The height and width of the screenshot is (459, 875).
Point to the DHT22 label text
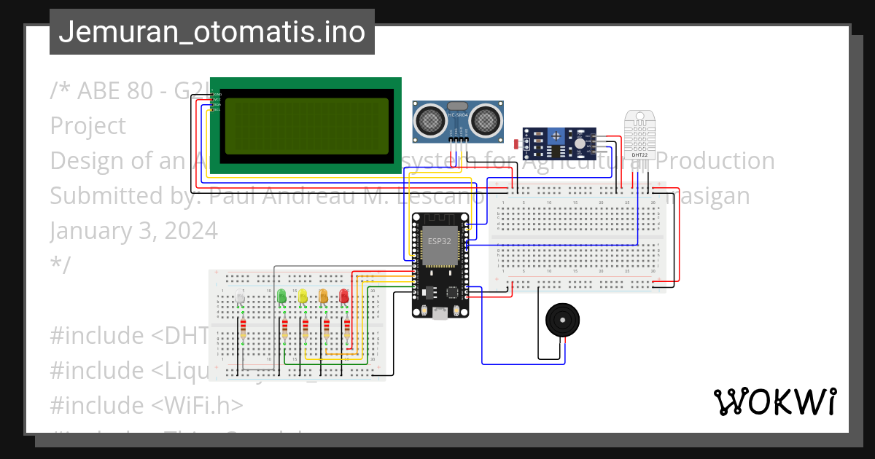pos(639,154)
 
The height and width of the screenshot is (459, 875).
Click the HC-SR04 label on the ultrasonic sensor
pos(457,115)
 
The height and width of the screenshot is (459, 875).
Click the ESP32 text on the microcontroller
pos(439,241)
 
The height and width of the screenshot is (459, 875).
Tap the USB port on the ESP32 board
pos(440,313)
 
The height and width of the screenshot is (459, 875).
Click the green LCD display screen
pos(306,125)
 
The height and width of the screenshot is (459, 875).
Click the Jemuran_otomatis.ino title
pos(212,31)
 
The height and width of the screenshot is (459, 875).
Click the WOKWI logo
pos(774,401)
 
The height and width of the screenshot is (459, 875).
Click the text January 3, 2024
pos(134,230)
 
